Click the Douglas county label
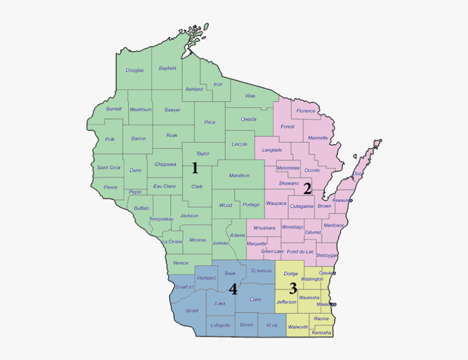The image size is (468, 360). pyautogui.click(x=134, y=70)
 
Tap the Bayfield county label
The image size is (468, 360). pyautogui.click(x=167, y=69)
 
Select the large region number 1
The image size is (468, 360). pyautogui.click(x=194, y=169)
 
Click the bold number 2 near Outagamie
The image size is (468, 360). pyautogui.click(x=307, y=189)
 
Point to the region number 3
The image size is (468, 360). pyautogui.click(x=293, y=288)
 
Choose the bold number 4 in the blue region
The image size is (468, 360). pyautogui.click(x=233, y=289)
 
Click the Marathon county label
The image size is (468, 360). pyautogui.click(x=239, y=175)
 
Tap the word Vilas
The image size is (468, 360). pyautogui.click(x=250, y=96)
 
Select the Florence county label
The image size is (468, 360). pyautogui.click(x=305, y=111)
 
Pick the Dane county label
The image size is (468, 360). pyautogui.click(x=255, y=300)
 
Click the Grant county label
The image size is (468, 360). pyautogui.click(x=192, y=311)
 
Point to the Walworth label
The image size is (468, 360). pyautogui.click(x=298, y=327)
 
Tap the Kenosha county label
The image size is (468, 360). pyautogui.click(x=321, y=333)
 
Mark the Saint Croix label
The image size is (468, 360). pyautogui.click(x=109, y=168)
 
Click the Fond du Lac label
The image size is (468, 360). pyautogui.click(x=300, y=251)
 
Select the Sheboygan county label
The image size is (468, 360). pyautogui.click(x=327, y=255)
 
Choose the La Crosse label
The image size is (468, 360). pyautogui.click(x=172, y=241)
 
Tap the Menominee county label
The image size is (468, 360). pyautogui.click(x=288, y=168)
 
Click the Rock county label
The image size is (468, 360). pyautogui.click(x=272, y=325)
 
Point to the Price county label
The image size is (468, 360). pyautogui.click(x=210, y=123)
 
